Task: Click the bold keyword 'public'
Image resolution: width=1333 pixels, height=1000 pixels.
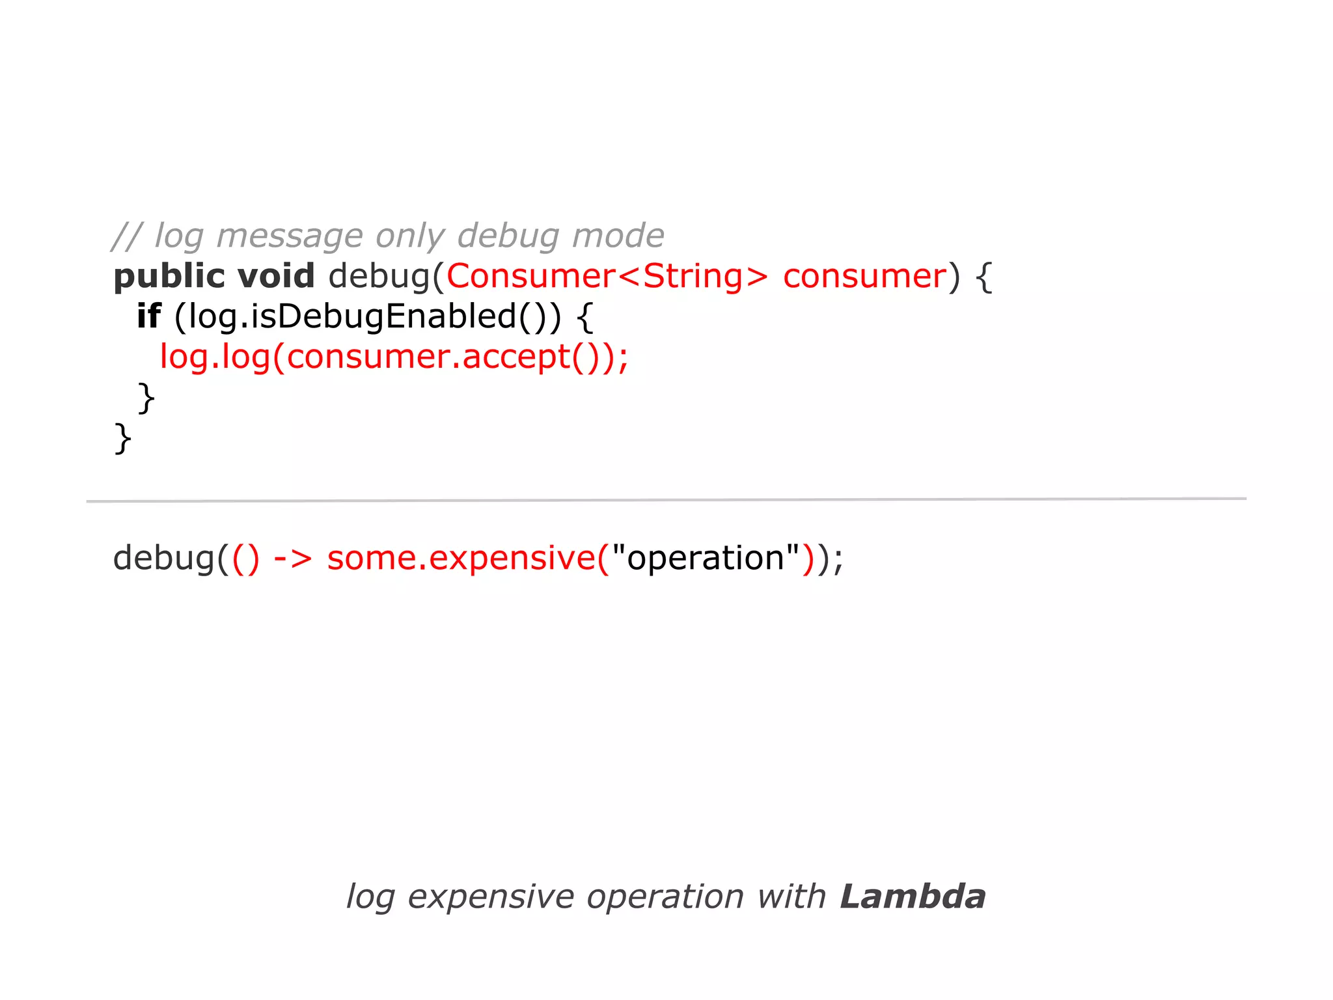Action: click(169, 277)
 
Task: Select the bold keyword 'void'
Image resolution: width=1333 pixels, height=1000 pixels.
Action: click(276, 277)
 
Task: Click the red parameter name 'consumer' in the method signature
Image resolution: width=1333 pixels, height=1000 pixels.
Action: click(864, 277)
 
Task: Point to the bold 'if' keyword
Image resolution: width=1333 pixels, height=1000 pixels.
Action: click(148, 317)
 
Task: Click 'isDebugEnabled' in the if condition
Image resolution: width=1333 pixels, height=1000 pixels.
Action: click(383, 317)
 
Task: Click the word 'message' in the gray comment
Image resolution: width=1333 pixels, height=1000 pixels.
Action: click(290, 236)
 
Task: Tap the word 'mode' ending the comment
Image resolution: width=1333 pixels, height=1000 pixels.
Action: click(618, 236)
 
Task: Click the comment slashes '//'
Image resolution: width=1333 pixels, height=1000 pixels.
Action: click(126, 236)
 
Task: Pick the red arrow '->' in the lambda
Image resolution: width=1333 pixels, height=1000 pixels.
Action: click(293, 559)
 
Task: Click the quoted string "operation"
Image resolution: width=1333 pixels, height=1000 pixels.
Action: click(706, 559)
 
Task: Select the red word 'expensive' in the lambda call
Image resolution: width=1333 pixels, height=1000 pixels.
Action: click(512, 559)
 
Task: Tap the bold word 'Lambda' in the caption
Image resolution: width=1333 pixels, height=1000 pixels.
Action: click(913, 897)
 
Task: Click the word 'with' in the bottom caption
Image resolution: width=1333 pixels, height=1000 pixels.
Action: click(791, 897)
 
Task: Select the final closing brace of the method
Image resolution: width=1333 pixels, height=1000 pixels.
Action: click(123, 438)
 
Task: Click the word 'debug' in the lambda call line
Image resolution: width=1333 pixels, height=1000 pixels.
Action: click(163, 559)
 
